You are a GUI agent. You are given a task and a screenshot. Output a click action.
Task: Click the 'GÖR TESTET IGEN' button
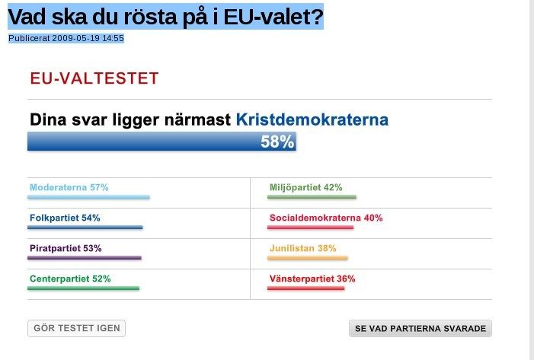click(x=76, y=329)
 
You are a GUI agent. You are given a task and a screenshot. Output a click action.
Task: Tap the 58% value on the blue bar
click(x=277, y=142)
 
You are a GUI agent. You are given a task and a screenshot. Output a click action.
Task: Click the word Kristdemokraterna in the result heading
click(x=312, y=119)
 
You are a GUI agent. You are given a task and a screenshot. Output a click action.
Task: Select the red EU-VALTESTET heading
click(x=94, y=78)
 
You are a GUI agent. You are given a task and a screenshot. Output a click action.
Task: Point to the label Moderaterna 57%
click(x=69, y=187)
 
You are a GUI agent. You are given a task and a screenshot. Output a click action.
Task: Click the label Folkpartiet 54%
click(x=65, y=218)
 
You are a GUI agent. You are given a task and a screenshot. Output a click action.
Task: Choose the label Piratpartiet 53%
click(x=66, y=248)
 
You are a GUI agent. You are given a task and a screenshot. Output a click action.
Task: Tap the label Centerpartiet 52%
click(x=70, y=279)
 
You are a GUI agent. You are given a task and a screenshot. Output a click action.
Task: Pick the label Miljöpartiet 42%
click(x=305, y=187)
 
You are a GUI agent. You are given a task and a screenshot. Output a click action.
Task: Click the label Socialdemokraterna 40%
click(x=325, y=218)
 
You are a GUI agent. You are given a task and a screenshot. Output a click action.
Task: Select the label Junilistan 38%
click(x=302, y=248)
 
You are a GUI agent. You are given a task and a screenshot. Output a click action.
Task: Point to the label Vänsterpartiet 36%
click(x=312, y=279)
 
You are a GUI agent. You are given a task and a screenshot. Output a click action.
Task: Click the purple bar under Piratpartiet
click(x=85, y=258)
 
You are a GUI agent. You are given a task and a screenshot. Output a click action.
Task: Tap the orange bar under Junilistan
click(x=308, y=258)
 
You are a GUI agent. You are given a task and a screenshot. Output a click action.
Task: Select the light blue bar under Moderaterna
click(x=88, y=197)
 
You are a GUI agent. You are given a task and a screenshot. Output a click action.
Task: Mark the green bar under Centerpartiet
click(x=84, y=288)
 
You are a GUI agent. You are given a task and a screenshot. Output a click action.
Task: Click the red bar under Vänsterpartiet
click(x=306, y=288)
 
